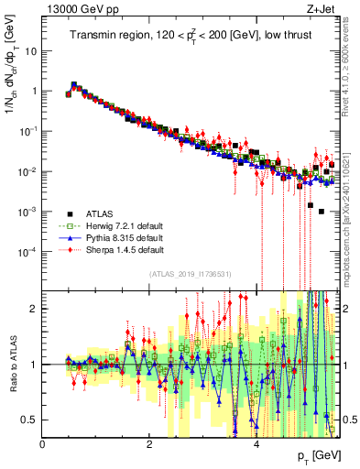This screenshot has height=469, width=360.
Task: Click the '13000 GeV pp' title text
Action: [x=75, y=9]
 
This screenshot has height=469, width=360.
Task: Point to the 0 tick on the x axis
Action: [x=43, y=442]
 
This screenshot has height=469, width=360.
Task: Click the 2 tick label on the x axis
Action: [x=149, y=442]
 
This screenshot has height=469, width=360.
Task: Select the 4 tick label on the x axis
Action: [x=256, y=442]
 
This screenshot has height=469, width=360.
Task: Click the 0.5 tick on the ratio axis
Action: [x=30, y=420]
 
